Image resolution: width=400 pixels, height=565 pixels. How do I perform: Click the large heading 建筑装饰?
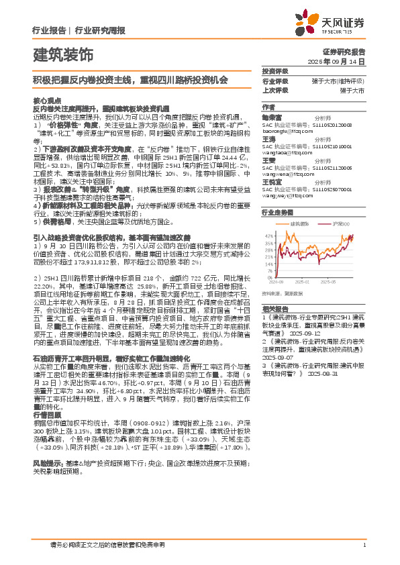click(x=63, y=53)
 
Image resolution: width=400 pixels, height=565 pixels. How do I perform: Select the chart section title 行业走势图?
click(x=277, y=211)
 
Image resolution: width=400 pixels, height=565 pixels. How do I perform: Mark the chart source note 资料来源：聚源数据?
click(x=282, y=293)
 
